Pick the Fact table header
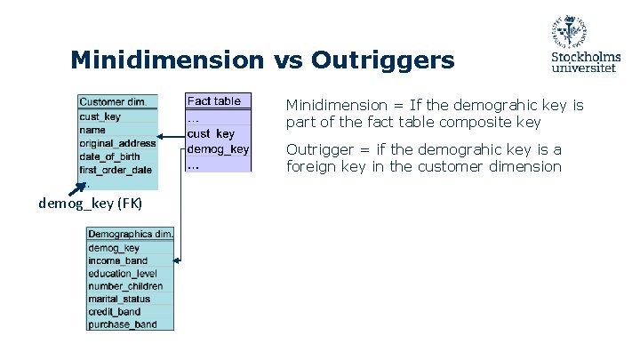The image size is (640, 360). (214, 101)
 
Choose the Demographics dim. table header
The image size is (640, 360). (130, 234)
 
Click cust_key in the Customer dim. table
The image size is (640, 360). (100, 116)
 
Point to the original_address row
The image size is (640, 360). (116, 143)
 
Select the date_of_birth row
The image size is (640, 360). (109, 156)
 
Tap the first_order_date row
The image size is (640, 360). (116, 170)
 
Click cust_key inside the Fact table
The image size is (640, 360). (211, 134)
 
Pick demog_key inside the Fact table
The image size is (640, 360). (218, 149)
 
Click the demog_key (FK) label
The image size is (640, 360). (78, 204)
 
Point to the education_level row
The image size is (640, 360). (123, 274)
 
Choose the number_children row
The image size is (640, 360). (125, 286)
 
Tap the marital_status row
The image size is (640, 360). (119, 300)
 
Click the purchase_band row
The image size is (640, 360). (122, 324)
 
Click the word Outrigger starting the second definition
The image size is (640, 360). (315, 149)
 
